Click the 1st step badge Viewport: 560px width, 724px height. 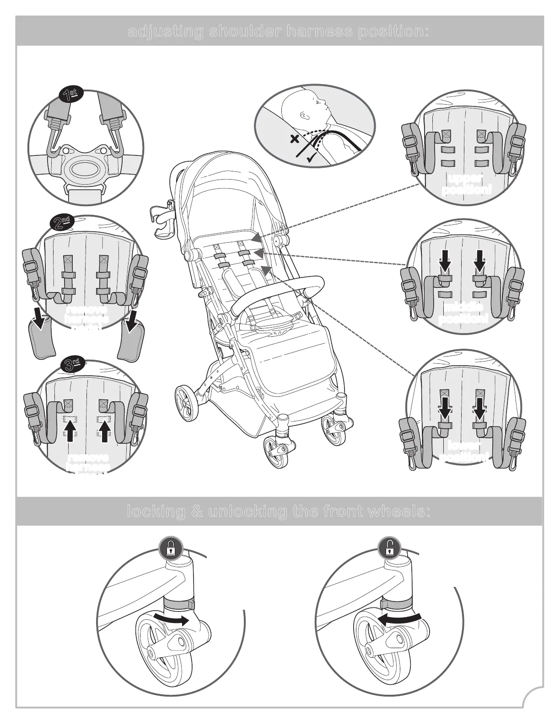[x=71, y=95]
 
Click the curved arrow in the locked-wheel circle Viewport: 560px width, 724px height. [x=171, y=620]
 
